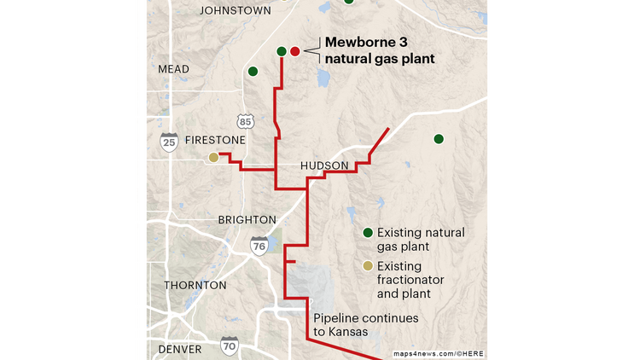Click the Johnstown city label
235,10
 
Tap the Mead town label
174,68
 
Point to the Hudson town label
324,165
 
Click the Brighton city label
247,219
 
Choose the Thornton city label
195,285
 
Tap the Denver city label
179,350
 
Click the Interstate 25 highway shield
169,142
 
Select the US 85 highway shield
246,121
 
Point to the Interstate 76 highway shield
259,246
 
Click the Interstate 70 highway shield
229,345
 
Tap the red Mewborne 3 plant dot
295,51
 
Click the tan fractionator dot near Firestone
213,157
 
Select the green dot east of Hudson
439,139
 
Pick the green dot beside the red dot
282,51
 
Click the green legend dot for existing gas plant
368,233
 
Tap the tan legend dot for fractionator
368,266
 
